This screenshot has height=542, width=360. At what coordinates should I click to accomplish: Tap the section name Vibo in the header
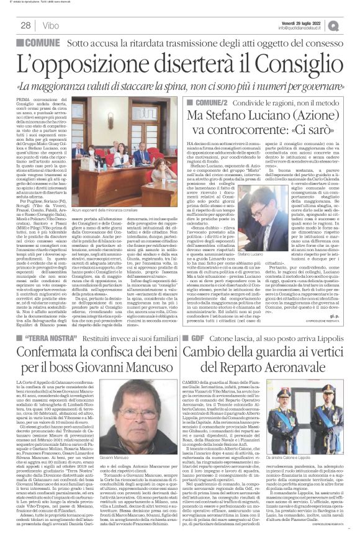pyautogui.click(x=52, y=25)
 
